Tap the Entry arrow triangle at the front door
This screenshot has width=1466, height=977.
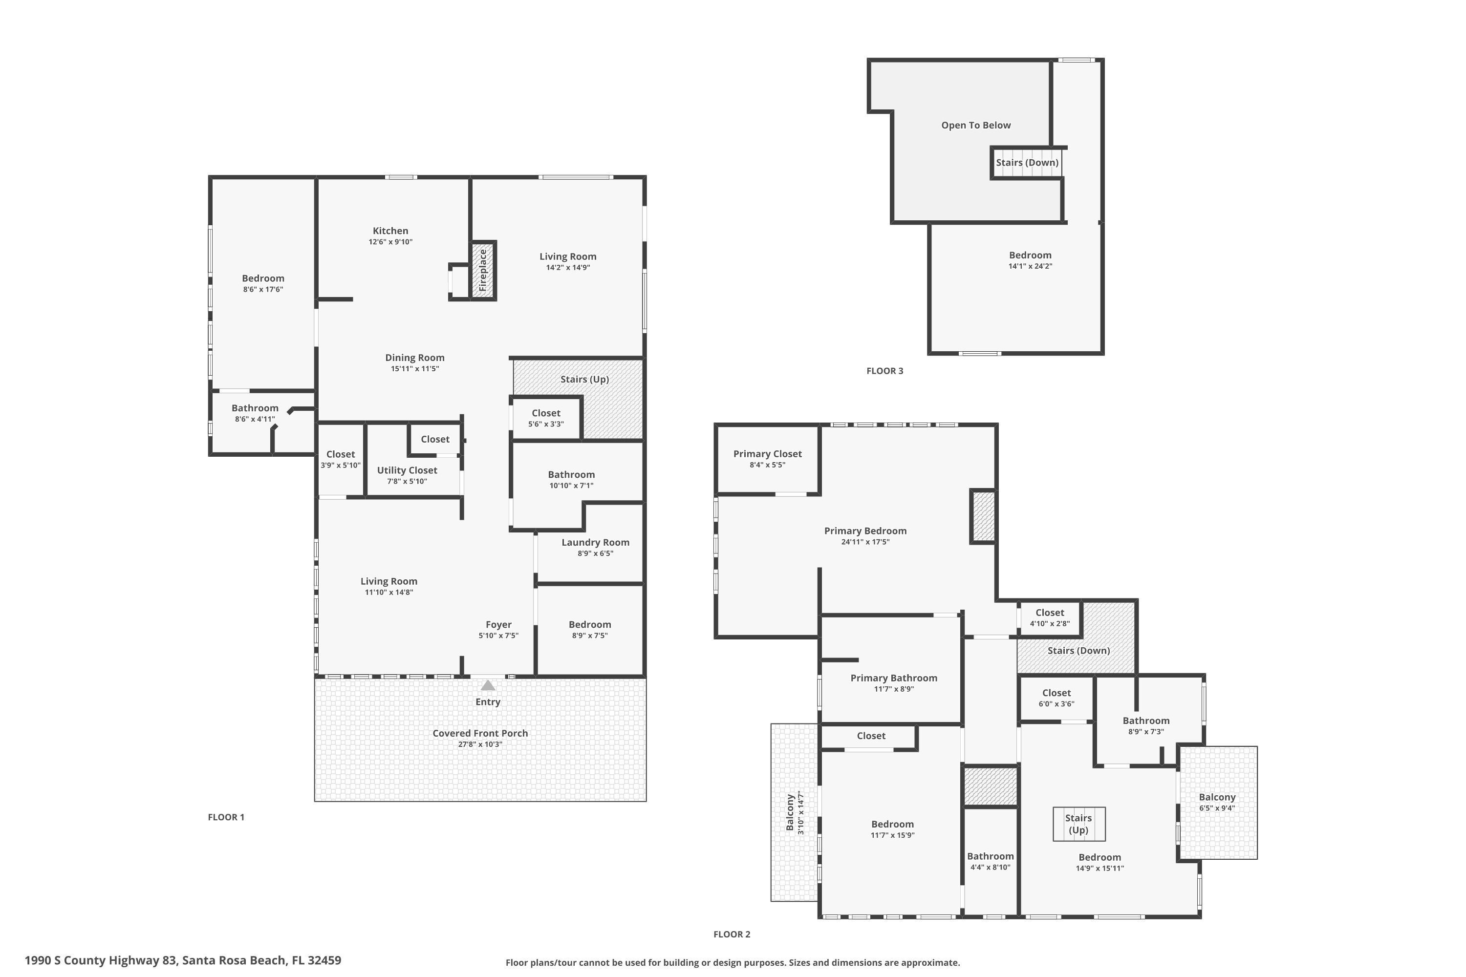tap(488, 685)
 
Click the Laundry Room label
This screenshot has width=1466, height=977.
tap(595, 542)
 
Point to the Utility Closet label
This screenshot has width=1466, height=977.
tap(407, 470)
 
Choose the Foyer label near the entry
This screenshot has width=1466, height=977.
tap(498, 624)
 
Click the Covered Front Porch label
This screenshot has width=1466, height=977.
tap(480, 733)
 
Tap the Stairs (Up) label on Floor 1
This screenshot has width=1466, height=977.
tap(584, 379)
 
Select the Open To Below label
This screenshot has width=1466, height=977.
tap(975, 125)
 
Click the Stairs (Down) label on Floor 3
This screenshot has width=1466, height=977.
tap(1027, 163)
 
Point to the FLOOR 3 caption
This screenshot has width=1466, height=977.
tap(884, 371)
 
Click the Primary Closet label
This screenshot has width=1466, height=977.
tap(767, 454)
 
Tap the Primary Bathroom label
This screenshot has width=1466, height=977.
tap(893, 678)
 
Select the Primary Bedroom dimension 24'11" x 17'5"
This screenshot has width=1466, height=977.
tap(865, 542)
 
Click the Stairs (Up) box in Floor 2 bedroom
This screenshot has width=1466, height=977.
tap(1078, 824)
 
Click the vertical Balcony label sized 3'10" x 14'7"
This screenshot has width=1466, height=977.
tap(790, 812)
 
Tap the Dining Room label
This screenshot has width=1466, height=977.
tap(414, 358)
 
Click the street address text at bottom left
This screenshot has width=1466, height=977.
tap(183, 960)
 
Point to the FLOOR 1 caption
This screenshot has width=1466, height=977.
tap(226, 817)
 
